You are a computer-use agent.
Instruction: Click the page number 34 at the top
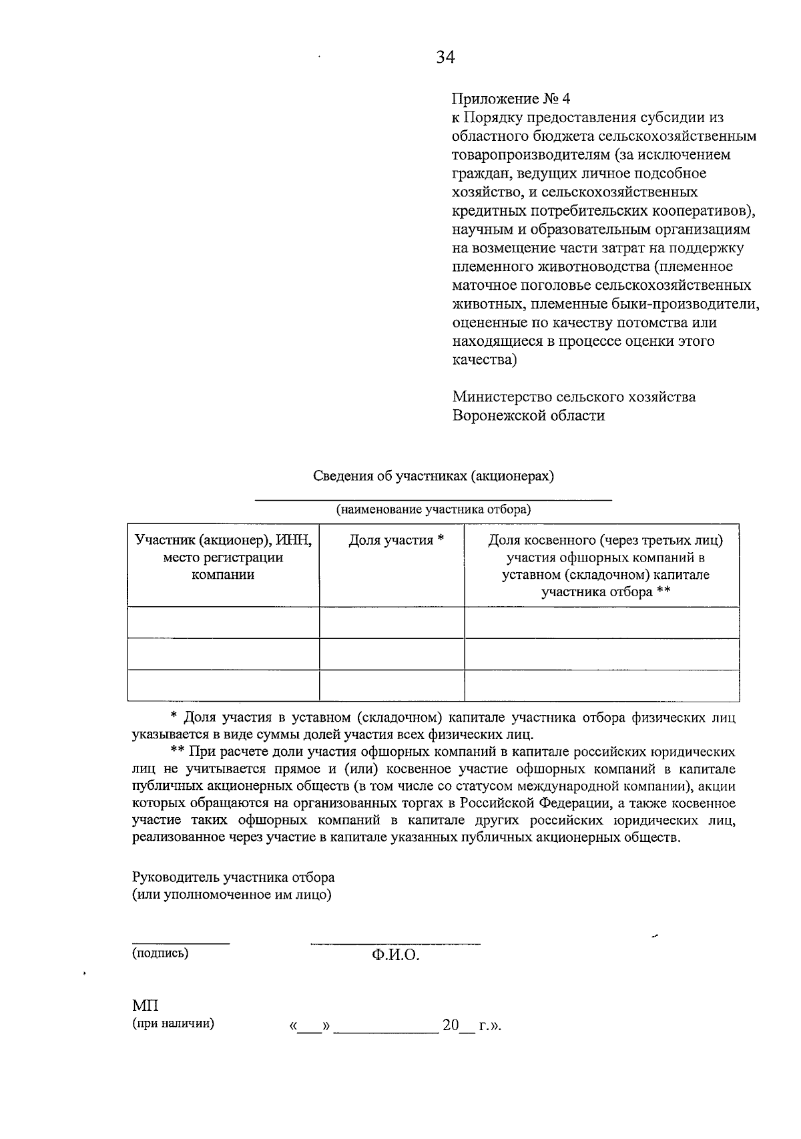pyautogui.click(x=445, y=57)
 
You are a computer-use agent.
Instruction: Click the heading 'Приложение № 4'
pyautogui.click(x=511, y=99)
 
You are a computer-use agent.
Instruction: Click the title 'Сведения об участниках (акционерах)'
pyautogui.click(x=434, y=476)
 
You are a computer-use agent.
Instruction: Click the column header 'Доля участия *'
pyautogui.click(x=396, y=540)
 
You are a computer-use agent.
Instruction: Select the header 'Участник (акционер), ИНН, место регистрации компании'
pyautogui.click(x=223, y=557)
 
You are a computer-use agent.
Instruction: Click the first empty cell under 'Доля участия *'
pyautogui.click(x=392, y=622)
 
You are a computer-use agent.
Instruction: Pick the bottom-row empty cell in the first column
pyautogui.click(x=223, y=685)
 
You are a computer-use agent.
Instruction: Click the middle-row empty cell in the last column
pyautogui.click(x=601, y=654)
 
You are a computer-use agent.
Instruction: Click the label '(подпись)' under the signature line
pyautogui.click(x=160, y=953)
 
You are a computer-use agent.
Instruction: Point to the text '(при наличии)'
pyautogui.click(x=174, y=1023)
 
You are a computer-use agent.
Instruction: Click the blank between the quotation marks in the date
pyautogui.click(x=308, y=1026)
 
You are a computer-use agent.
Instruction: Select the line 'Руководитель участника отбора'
pyautogui.click(x=234, y=877)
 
